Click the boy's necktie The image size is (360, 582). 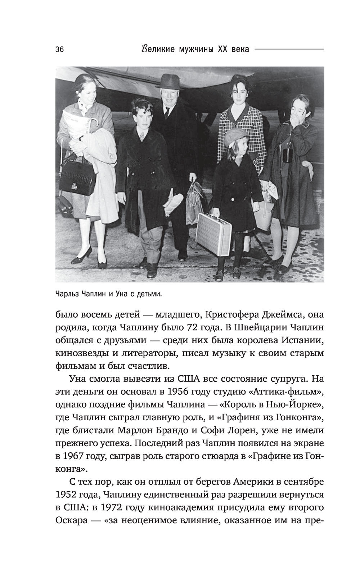coord(142,136)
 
